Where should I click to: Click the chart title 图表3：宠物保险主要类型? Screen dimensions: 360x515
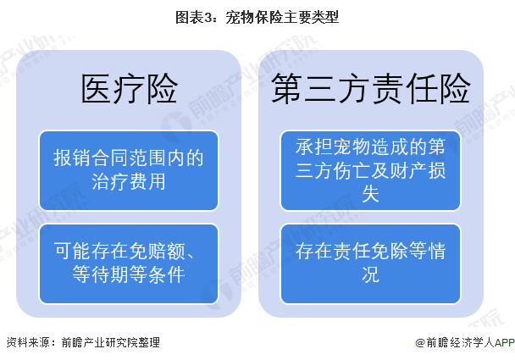[x=257, y=16]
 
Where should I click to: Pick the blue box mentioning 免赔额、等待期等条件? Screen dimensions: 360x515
[x=130, y=262]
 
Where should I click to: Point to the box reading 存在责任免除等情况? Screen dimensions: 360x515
[x=371, y=262]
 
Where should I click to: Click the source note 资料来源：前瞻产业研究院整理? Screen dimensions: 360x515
[x=83, y=343]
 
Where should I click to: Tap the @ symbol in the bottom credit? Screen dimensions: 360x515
[x=420, y=343]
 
